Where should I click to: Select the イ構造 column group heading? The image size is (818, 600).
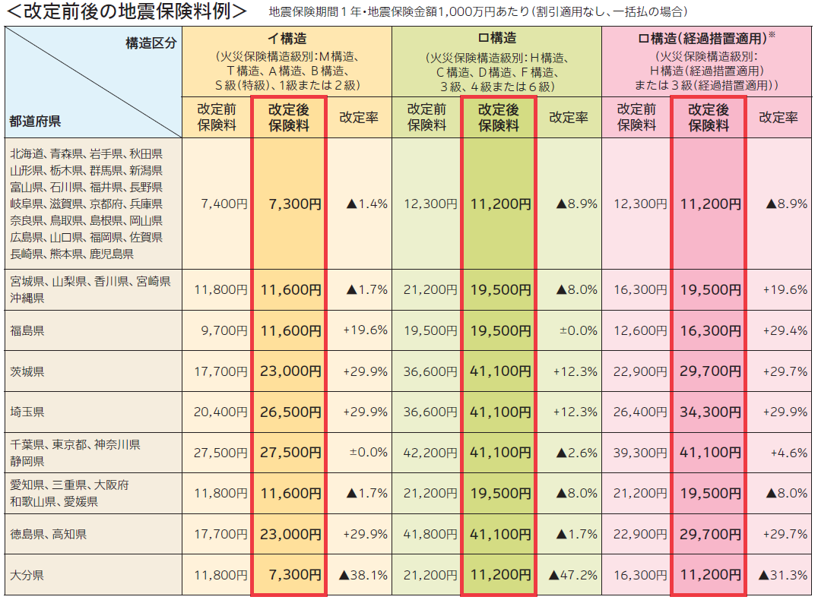click(287, 38)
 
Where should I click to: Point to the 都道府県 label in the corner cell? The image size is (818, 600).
click(35, 120)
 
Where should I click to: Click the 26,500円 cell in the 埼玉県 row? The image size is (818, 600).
click(290, 412)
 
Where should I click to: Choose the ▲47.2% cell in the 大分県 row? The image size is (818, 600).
click(572, 575)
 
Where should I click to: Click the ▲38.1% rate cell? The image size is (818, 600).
click(363, 575)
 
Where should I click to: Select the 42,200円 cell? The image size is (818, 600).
click(430, 453)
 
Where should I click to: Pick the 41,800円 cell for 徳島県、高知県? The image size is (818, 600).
click(430, 534)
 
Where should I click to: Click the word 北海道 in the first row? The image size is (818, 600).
click(27, 153)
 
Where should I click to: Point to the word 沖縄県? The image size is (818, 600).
click(27, 298)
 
